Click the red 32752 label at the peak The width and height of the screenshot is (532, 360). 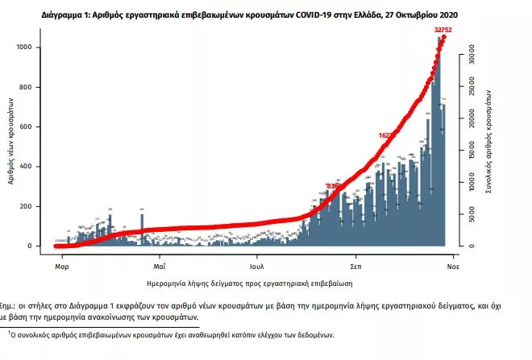point(439,29)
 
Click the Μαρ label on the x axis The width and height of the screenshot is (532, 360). point(60,264)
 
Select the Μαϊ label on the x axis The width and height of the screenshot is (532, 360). point(159,264)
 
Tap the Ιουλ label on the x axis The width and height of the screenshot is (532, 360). point(257,264)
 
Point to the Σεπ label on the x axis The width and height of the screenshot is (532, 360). point(355,264)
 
